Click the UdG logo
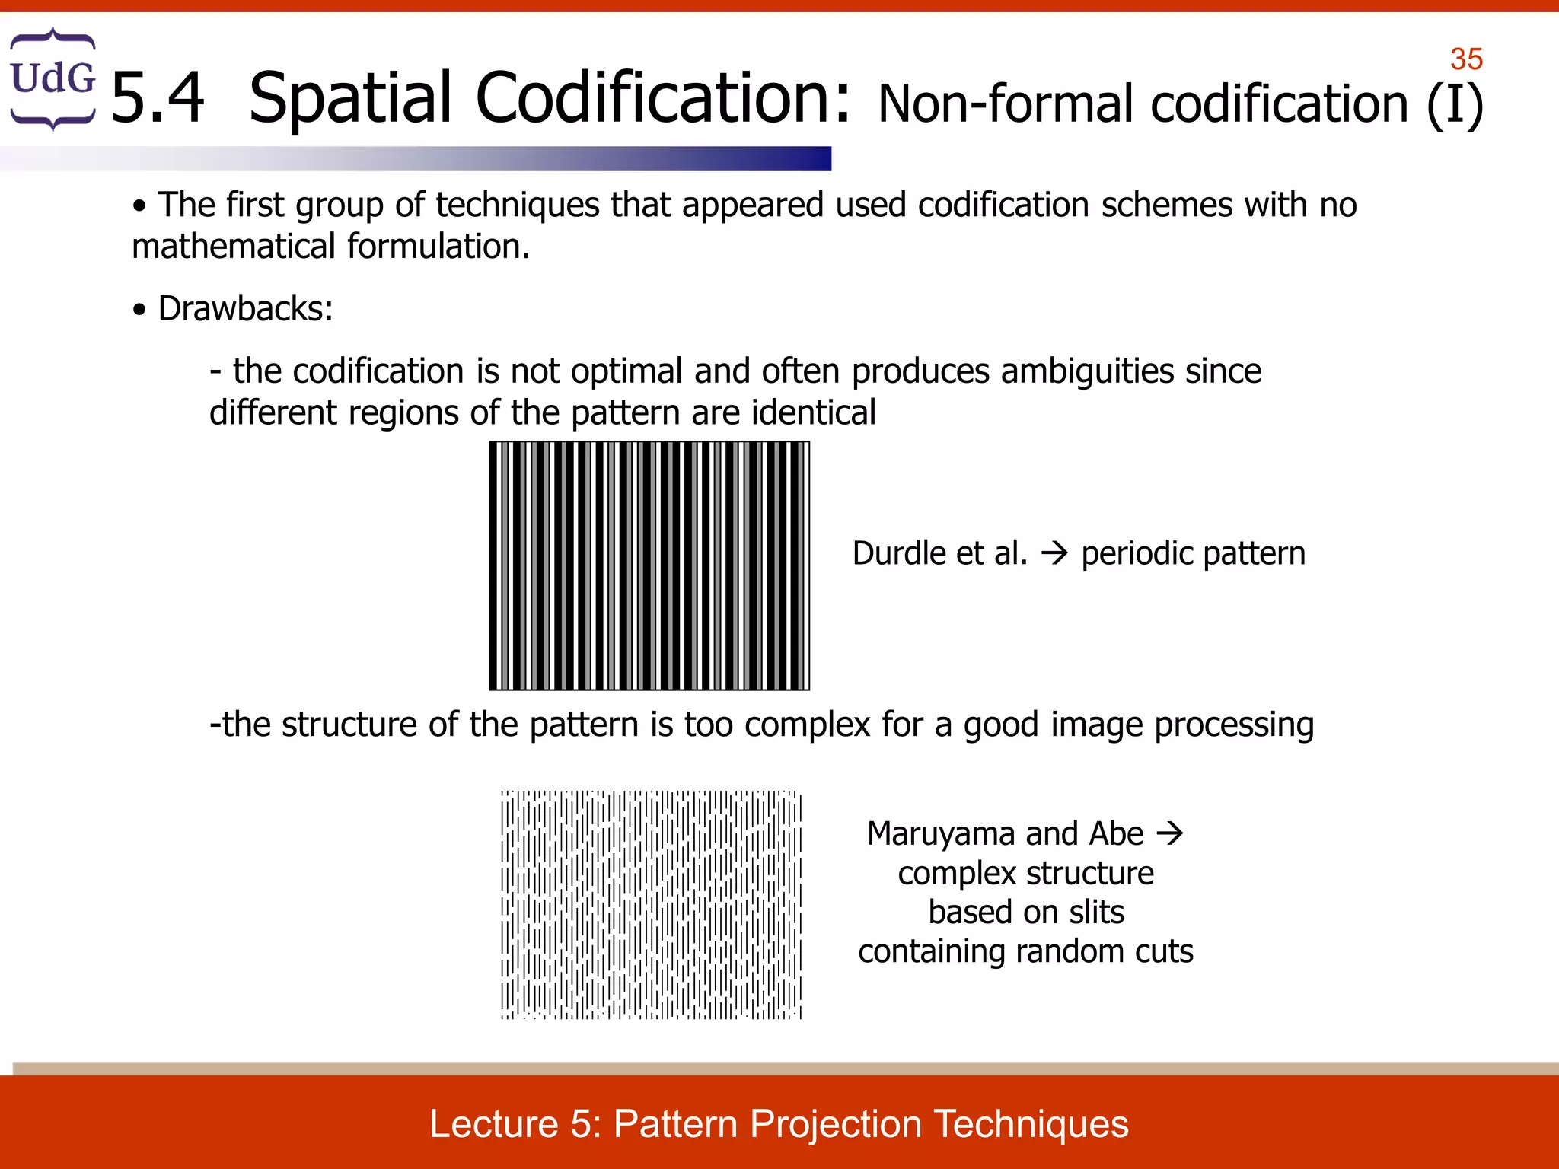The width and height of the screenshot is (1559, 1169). pos(53,78)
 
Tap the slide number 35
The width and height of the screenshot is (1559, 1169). pos(1466,59)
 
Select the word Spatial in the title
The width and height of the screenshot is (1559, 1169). pos(350,98)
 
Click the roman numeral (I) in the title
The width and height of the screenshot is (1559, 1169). pos(1455,104)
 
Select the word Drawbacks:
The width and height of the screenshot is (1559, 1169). pos(245,309)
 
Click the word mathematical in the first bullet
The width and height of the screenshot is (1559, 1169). pos(234,247)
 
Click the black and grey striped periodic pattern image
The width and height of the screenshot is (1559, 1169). pos(649,565)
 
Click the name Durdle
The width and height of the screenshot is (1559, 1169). pos(899,553)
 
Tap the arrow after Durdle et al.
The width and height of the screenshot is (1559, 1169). pos(1054,553)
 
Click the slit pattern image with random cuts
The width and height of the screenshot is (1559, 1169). pos(651,904)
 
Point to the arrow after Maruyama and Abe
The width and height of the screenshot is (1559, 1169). pos(1170,833)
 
